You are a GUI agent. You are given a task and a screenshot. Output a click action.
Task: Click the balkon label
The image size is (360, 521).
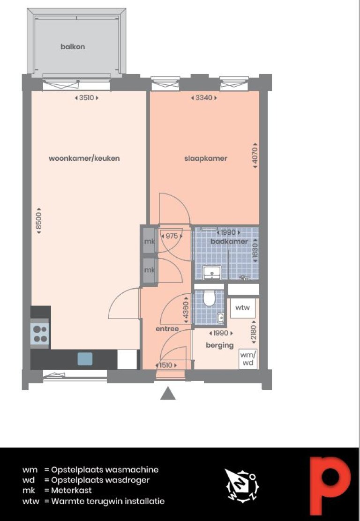click(73, 46)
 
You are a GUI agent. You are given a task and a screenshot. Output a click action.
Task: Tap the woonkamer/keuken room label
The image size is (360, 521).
click(84, 158)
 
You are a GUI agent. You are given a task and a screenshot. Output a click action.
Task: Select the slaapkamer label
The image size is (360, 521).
click(206, 158)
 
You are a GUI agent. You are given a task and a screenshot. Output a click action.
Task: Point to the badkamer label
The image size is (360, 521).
click(229, 241)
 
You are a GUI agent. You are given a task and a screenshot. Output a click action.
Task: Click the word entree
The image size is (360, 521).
click(167, 328)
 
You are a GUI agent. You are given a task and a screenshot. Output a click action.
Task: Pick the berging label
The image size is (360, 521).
click(220, 345)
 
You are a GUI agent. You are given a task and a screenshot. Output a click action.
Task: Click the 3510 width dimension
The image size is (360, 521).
click(86, 97)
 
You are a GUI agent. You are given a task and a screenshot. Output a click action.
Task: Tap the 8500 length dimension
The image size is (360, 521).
click(39, 221)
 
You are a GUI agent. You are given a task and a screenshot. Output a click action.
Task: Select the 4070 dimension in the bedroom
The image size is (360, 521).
click(255, 156)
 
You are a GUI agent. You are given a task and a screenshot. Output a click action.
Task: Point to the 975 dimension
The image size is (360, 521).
click(172, 236)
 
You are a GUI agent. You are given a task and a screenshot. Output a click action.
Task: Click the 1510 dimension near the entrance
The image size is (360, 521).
click(166, 365)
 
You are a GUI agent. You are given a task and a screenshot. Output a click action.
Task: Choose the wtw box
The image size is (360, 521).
click(242, 307)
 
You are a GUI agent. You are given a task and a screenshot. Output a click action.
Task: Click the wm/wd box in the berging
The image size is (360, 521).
click(248, 359)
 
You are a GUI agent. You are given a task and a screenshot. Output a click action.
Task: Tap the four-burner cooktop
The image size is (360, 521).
click(40, 334)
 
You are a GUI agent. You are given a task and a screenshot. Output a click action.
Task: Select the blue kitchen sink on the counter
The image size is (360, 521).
click(85, 359)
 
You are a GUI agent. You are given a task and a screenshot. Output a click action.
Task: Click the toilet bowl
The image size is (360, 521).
click(209, 298)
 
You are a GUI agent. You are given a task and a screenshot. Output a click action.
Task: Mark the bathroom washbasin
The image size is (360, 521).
click(212, 272)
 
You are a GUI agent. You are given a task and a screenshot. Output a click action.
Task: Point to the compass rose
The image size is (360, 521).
click(242, 485)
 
